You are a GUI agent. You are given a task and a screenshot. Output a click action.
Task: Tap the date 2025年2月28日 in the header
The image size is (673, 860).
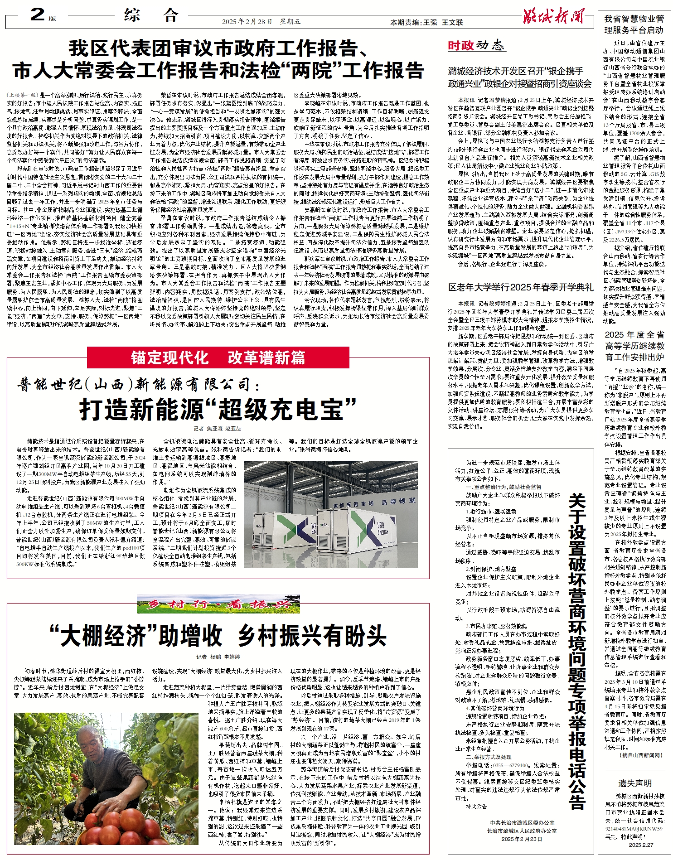[x=247, y=22]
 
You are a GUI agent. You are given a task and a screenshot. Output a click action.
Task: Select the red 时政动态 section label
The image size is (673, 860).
[x=475, y=45]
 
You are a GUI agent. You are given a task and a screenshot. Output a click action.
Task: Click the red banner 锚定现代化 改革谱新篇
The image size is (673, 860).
[x=218, y=358]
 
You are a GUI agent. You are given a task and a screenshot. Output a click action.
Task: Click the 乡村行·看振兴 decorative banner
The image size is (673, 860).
[x=218, y=604]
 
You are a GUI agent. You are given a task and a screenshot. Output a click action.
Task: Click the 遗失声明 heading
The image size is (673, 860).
[x=634, y=783]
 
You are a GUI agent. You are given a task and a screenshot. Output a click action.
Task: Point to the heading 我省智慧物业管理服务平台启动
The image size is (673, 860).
[x=634, y=24]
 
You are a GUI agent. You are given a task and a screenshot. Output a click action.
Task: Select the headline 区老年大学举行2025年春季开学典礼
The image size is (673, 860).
[x=520, y=287]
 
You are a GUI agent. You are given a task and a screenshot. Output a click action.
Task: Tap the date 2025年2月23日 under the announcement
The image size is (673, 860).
[x=521, y=839]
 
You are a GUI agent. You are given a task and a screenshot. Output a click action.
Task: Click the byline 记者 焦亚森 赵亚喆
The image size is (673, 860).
[x=218, y=428]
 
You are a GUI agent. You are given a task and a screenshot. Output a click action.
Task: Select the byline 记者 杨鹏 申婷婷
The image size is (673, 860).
[x=218, y=657]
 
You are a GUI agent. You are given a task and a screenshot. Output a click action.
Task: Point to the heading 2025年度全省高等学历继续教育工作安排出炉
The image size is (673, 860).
[x=634, y=346]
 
